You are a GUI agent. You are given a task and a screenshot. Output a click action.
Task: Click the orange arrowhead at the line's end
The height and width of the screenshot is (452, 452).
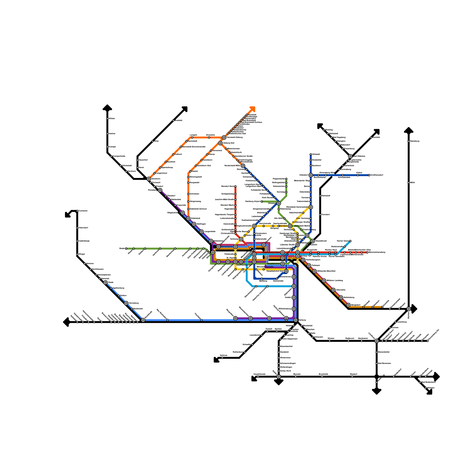click(253, 109)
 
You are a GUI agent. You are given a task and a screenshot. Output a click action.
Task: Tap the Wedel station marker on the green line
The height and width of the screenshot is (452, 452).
click(126, 249)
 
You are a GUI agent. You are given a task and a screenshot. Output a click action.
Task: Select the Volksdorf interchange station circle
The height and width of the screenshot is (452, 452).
click(311, 175)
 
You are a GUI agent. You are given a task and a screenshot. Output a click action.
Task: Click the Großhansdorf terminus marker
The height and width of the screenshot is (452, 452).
click(369, 175)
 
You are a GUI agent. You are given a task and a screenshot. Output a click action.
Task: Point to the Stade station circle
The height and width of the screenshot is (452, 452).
click(105, 282)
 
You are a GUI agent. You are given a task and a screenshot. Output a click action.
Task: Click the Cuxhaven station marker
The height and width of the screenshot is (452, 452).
click(77, 211)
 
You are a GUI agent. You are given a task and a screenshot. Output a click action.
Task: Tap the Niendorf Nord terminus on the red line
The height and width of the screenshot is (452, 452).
click(235, 186)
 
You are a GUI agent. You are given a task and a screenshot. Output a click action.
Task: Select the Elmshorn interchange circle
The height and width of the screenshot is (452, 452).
click(149, 179)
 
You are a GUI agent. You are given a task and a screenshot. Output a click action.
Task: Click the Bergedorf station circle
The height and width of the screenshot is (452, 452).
click(349, 305)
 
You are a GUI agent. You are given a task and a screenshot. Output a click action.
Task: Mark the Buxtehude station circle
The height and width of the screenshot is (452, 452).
click(143, 320)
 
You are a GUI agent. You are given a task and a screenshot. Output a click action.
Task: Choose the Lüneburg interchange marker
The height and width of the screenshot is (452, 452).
click(377, 341)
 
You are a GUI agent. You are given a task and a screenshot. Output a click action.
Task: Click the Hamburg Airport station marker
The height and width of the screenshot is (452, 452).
click(262, 201)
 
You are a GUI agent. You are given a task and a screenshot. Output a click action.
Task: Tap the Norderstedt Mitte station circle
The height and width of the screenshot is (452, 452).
click(243, 166)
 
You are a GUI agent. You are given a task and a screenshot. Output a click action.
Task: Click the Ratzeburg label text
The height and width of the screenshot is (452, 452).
click(415, 141)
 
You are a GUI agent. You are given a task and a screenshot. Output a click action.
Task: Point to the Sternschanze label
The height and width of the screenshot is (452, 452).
click(227, 247)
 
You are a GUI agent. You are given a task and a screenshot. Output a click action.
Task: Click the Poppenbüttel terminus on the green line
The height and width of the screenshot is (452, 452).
click(286, 179)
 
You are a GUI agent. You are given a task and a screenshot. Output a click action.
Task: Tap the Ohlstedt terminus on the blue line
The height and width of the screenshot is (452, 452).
click(311, 155)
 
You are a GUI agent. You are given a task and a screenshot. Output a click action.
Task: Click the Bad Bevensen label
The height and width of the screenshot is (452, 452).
click(384, 363)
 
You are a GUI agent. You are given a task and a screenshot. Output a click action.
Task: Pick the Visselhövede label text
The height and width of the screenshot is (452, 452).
click(259, 374)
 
